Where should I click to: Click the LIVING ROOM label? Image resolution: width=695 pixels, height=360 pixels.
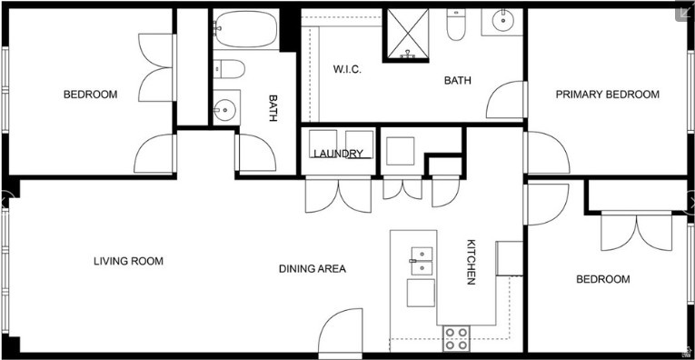pyautogui.click(x=128, y=262)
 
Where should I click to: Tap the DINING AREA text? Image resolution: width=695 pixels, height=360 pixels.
pyautogui.click(x=312, y=269)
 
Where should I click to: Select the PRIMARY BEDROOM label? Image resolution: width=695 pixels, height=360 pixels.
pyautogui.click(x=607, y=95)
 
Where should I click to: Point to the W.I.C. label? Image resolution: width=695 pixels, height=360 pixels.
pyautogui.click(x=347, y=70)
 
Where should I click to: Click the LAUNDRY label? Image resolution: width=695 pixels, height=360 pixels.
pyautogui.click(x=338, y=154)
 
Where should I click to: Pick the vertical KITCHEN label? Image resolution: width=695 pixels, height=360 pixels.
pyautogui.click(x=472, y=262)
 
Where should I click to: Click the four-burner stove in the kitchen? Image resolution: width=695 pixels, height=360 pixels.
pyautogui.click(x=457, y=339)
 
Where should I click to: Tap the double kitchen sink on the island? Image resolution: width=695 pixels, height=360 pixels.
pyautogui.click(x=421, y=261)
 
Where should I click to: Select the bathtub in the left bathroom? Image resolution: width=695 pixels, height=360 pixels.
pyautogui.click(x=245, y=30)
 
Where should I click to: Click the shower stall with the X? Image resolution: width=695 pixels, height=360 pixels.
pyautogui.click(x=410, y=35)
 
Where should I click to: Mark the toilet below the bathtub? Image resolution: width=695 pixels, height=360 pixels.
pyautogui.click(x=229, y=71)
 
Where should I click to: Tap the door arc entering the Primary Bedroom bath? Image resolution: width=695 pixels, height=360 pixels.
pyautogui.click(x=507, y=100)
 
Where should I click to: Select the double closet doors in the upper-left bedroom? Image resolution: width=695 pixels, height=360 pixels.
pyautogui.click(x=155, y=69)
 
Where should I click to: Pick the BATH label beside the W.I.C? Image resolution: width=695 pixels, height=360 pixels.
pyautogui.click(x=458, y=81)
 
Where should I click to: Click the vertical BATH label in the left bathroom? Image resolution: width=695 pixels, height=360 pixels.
pyautogui.click(x=273, y=109)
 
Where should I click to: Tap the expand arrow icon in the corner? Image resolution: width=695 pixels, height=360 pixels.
pyautogui.click(x=682, y=12)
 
